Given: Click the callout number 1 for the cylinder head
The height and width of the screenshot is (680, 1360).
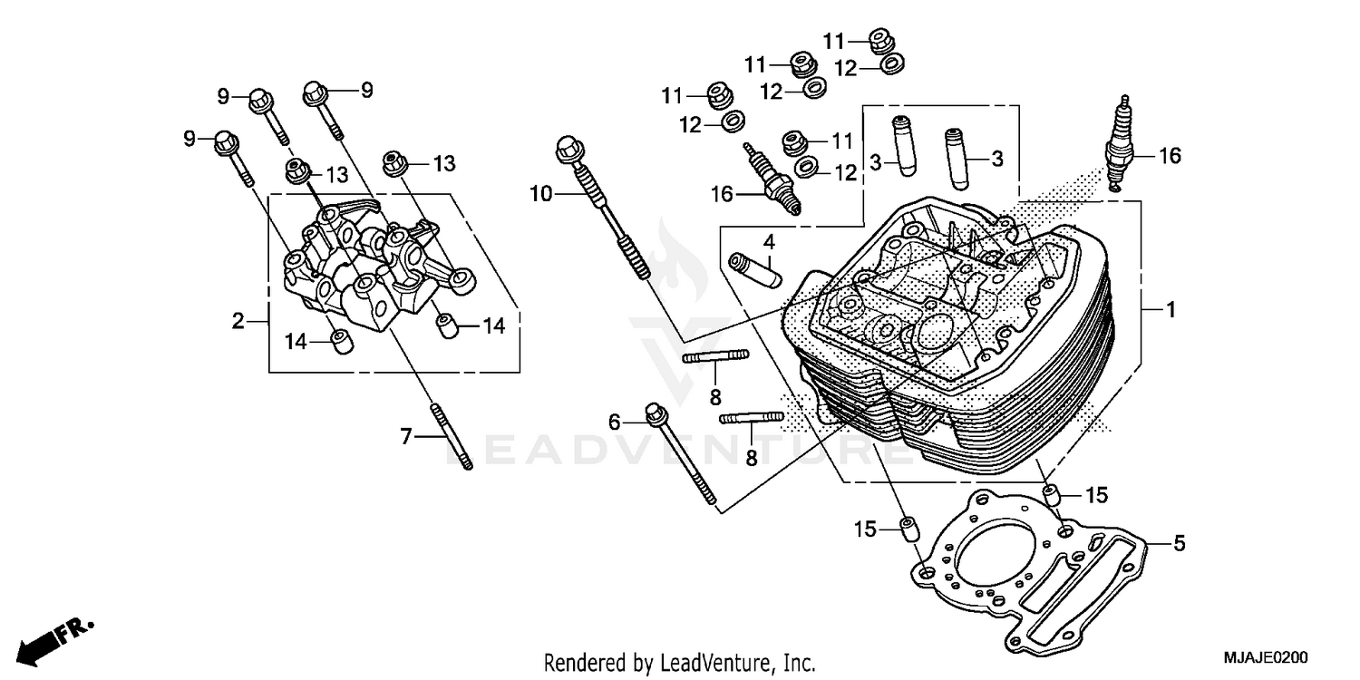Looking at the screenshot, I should [1171, 310].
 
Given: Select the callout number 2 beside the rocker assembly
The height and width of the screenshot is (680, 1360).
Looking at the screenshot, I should [238, 321].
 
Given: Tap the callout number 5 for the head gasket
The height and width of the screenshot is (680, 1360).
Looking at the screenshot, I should [1179, 544].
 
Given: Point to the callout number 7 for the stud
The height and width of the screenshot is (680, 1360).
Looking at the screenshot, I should [406, 437].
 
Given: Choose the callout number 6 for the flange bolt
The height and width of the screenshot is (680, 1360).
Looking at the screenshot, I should [615, 421].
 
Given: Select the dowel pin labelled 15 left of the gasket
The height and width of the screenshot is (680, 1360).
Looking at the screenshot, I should [907, 529].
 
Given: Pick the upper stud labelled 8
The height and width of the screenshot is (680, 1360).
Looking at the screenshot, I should [715, 357].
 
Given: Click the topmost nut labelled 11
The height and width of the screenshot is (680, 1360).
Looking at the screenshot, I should [879, 39].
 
